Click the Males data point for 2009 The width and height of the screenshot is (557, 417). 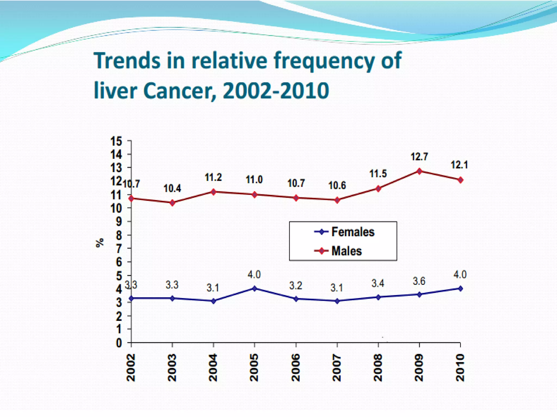pyautogui.click(x=419, y=171)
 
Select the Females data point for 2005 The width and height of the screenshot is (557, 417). pyautogui.click(x=255, y=288)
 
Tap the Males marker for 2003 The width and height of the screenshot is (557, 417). pyautogui.click(x=172, y=203)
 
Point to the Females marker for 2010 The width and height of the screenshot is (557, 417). pyautogui.click(x=460, y=289)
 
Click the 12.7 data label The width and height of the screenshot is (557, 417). pyautogui.click(x=419, y=157)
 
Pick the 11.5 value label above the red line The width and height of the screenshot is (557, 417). pyautogui.click(x=378, y=173)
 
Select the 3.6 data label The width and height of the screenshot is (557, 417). pyautogui.click(x=419, y=281)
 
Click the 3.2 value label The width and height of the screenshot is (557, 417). pyautogui.click(x=296, y=286)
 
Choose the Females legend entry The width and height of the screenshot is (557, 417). pyautogui.click(x=344, y=232)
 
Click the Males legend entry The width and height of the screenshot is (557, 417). pyautogui.click(x=338, y=251)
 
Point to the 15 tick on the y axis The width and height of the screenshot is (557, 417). pyautogui.click(x=116, y=141)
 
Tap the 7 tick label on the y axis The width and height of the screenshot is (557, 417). pyautogui.click(x=119, y=248)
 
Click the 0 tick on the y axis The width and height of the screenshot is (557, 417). pyautogui.click(x=119, y=343)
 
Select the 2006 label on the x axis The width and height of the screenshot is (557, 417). pyautogui.click(x=296, y=368)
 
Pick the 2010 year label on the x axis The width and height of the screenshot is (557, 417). pyautogui.click(x=460, y=368)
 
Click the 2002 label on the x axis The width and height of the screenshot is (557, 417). pyautogui.click(x=131, y=368)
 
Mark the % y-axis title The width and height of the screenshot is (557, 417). pyautogui.click(x=100, y=242)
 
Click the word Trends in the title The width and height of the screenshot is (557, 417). pyautogui.click(x=127, y=60)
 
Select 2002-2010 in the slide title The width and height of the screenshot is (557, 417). pyautogui.click(x=276, y=90)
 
